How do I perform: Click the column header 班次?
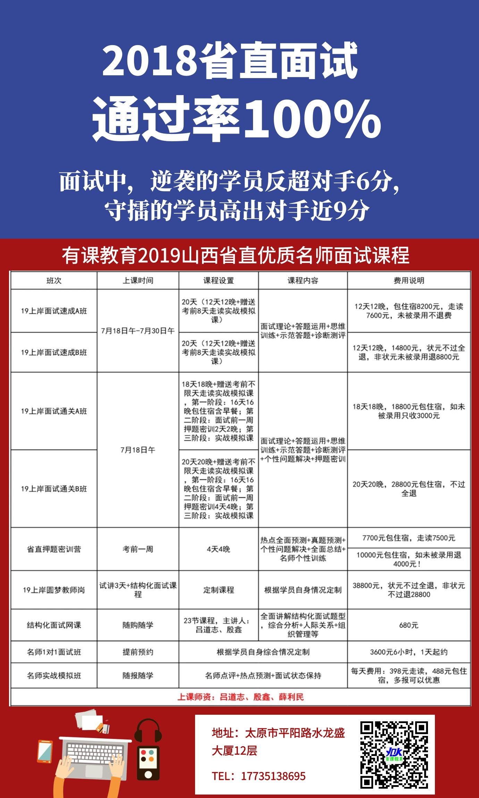[x=54, y=280]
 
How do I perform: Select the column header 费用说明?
[x=409, y=280]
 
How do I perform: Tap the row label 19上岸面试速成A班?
[x=54, y=311]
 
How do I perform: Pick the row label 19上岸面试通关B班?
[x=54, y=489]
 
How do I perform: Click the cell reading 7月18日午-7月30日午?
[x=138, y=331]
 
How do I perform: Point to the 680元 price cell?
[x=409, y=625]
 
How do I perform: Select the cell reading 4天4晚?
[x=218, y=549]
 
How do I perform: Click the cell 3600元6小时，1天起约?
[x=409, y=652]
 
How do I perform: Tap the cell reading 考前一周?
[x=138, y=549]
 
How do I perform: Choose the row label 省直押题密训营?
[x=54, y=549]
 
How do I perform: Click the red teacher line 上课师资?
[x=240, y=697]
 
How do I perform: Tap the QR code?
[x=394, y=754]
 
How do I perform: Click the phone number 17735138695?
[x=273, y=776]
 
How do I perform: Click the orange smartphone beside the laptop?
[x=45, y=752]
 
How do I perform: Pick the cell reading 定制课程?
[x=218, y=590]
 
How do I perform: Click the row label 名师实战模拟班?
[x=54, y=676]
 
